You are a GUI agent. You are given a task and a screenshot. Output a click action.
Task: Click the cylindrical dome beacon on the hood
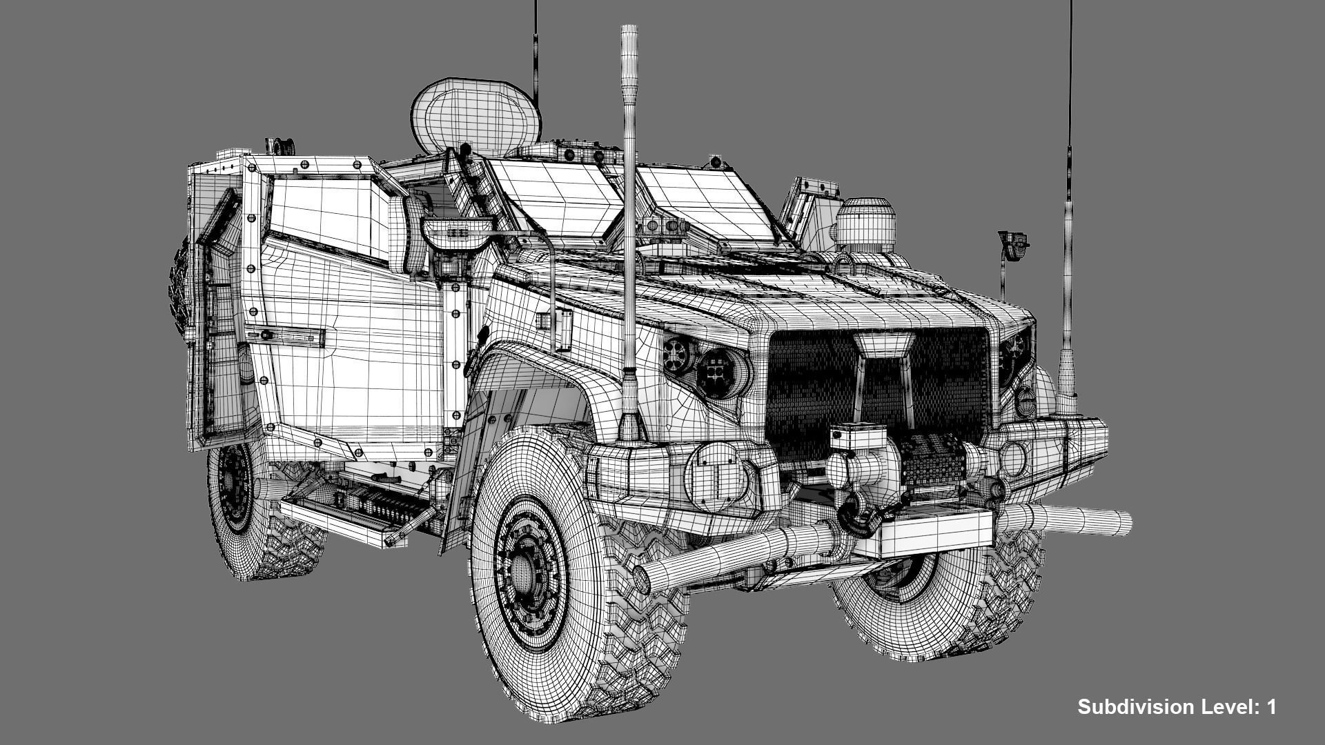[x=865, y=224]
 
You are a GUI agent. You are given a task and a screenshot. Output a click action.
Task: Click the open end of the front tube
[x=642, y=578]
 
